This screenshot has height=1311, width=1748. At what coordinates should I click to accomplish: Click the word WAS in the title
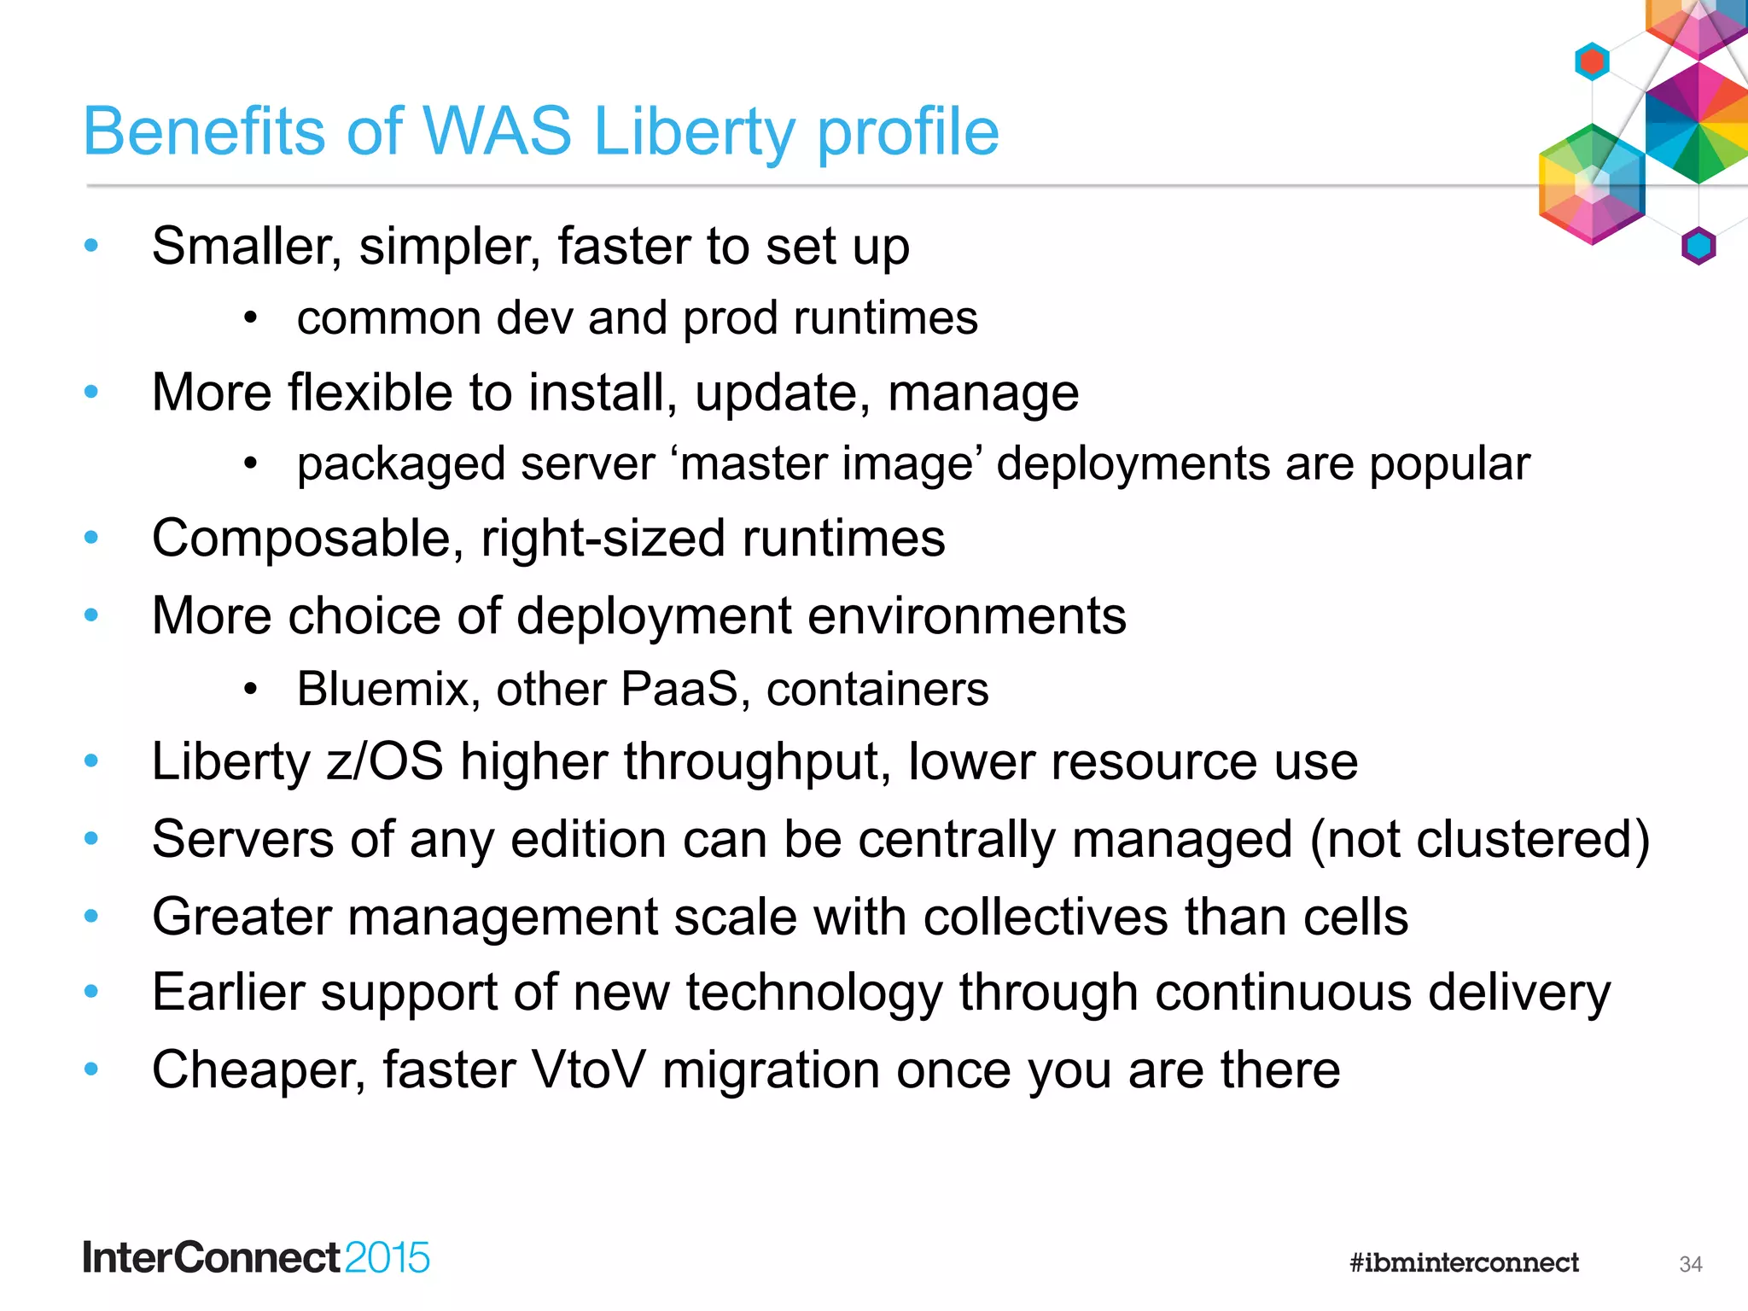pyautogui.click(x=497, y=131)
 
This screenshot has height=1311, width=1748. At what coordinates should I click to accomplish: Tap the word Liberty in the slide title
pyautogui.click(x=693, y=133)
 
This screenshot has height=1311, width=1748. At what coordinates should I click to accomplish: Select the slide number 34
pyautogui.click(x=1690, y=1264)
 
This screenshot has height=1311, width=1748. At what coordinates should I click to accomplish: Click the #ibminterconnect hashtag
pyautogui.click(x=1464, y=1262)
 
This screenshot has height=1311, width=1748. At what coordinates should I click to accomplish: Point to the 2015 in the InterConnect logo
pyautogui.click(x=387, y=1258)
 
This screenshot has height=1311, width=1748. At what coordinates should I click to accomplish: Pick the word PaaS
pyautogui.click(x=679, y=689)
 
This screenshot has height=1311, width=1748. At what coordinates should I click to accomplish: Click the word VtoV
pyautogui.click(x=588, y=1069)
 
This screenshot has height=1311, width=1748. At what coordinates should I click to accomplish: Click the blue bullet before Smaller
pyautogui.click(x=91, y=247)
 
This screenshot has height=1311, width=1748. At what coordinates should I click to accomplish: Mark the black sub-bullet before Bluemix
pyautogui.click(x=250, y=689)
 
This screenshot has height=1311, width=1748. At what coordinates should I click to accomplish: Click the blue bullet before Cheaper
pyautogui.click(x=91, y=1069)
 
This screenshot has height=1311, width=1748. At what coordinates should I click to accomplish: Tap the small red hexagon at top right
pyautogui.click(x=1592, y=61)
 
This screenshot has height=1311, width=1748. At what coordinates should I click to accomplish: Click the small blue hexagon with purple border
pyautogui.click(x=1698, y=247)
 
